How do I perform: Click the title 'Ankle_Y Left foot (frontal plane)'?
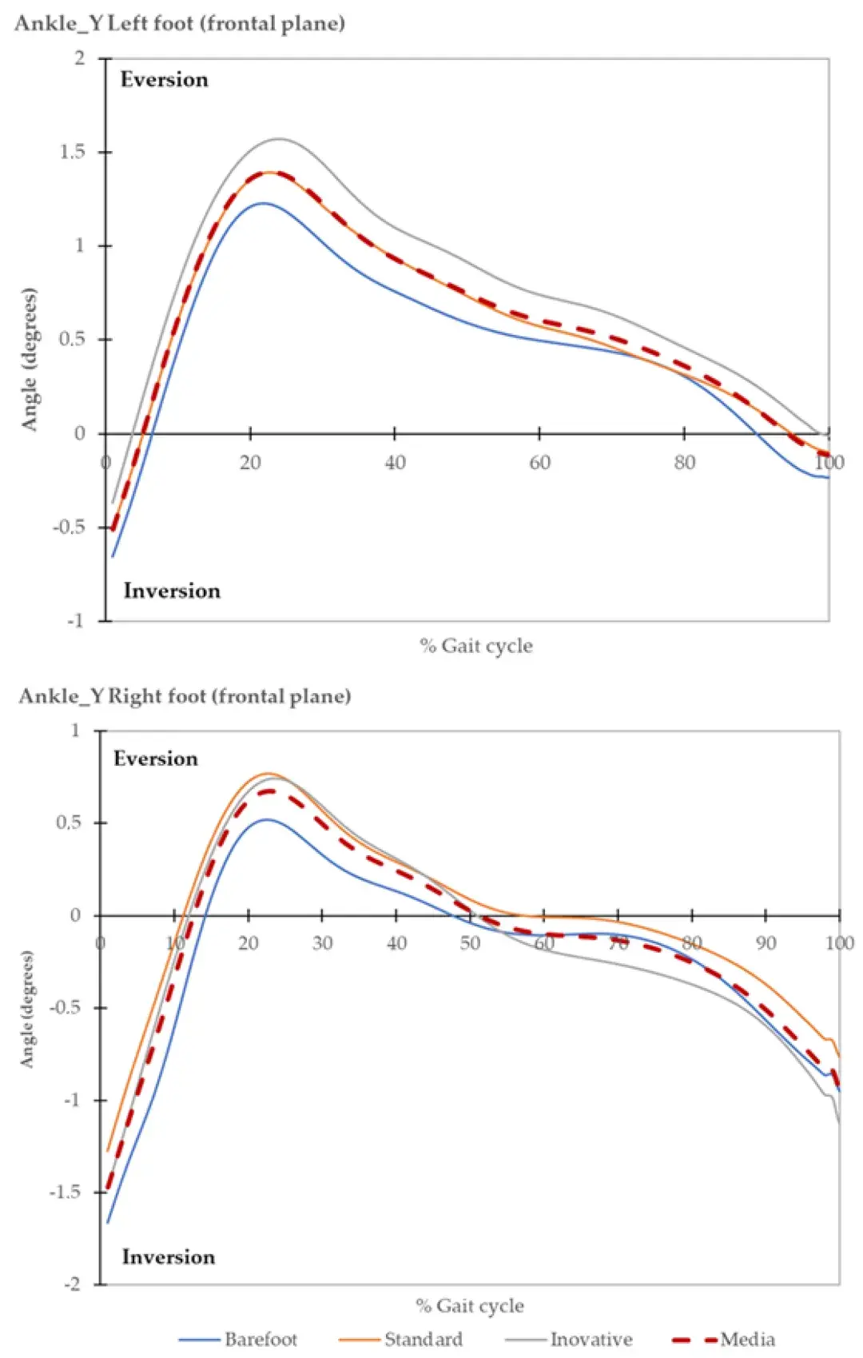(x=180, y=23)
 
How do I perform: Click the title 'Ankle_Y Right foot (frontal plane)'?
(x=185, y=696)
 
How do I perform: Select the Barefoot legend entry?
(x=260, y=1340)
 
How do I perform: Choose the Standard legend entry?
(x=423, y=1340)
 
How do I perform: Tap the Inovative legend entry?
(x=591, y=1340)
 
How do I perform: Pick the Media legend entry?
(x=747, y=1340)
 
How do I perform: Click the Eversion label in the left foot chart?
(x=164, y=80)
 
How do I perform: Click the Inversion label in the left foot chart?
(x=172, y=591)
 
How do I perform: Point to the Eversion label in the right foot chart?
(x=155, y=759)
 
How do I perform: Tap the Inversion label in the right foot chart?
(x=168, y=1257)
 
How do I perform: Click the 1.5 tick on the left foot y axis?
(x=73, y=152)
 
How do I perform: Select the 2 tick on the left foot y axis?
(x=80, y=58)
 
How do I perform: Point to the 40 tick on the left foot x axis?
(x=395, y=463)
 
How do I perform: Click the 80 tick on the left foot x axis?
(x=684, y=463)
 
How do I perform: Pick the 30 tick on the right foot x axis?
(x=322, y=944)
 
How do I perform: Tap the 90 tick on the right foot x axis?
(x=766, y=944)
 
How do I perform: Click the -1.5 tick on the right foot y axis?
(x=65, y=1193)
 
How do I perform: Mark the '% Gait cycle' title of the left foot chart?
(x=476, y=646)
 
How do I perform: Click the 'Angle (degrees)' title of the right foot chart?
(x=28, y=1009)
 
